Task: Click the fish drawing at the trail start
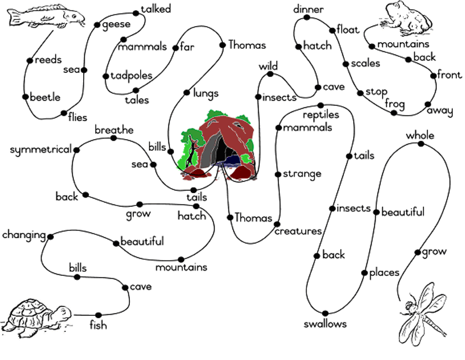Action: click(46, 16)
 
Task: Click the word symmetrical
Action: click(41, 150)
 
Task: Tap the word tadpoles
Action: click(131, 76)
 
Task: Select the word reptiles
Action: click(321, 115)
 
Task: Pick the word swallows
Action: click(325, 324)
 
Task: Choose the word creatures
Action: click(298, 231)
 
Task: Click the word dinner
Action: click(308, 9)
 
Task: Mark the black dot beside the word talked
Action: click(136, 13)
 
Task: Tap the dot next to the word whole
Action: click(421, 144)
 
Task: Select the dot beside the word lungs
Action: click(186, 92)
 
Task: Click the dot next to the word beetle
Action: click(25, 97)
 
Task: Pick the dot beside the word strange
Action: click(278, 174)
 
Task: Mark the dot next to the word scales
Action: click(346, 64)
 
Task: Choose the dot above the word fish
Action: click(99, 315)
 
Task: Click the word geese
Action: click(116, 25)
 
